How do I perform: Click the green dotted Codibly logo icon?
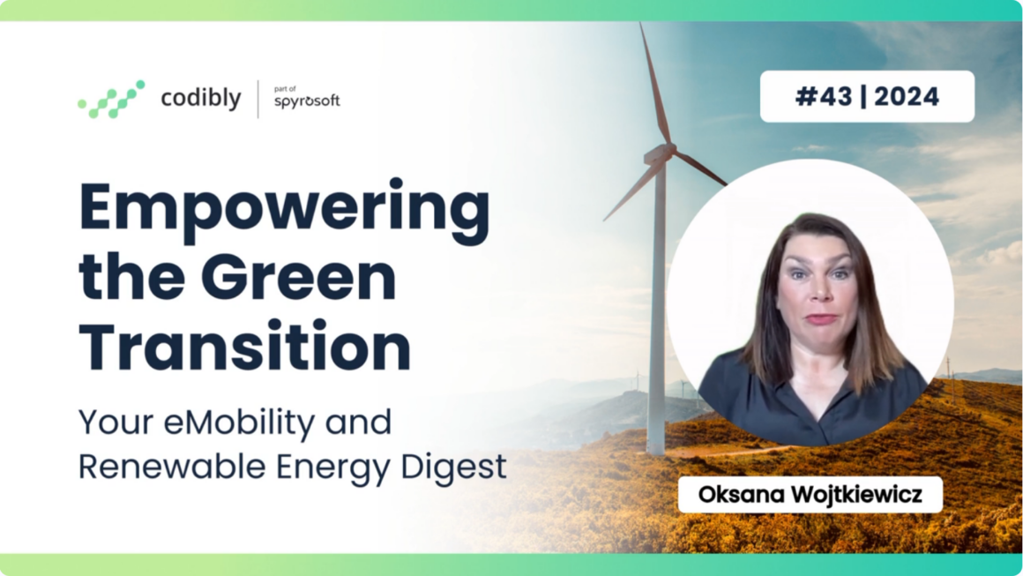tap(112, 99)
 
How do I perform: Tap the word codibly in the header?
tap(201, 99)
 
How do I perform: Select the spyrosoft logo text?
tap(307, 101)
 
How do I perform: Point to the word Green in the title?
tap(303, 277)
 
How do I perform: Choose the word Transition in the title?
tap(244, 346)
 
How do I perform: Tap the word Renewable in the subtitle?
tap(172, 467)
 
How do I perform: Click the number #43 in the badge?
tap(824, 96)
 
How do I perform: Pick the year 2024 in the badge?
tap(907, 96)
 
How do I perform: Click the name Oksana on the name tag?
tap(741, 495)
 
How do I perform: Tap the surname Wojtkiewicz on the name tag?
tap(857, 495)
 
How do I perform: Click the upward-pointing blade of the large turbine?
tap(654, 84)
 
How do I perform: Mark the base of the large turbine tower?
tap(655, 449)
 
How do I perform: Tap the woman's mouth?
tap(822, 319)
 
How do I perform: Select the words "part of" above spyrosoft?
tap(285, 89)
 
